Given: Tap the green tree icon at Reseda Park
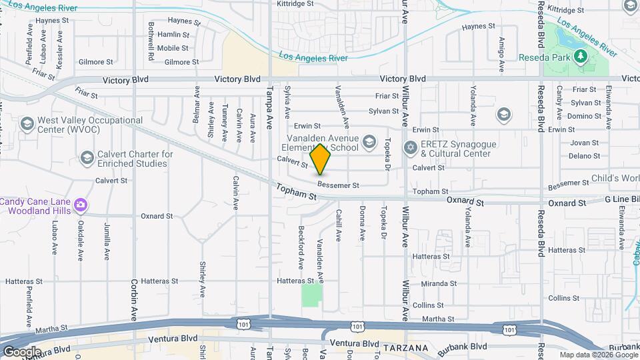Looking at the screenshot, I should (580, 56).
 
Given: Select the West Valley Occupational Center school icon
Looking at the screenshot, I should (27, 124).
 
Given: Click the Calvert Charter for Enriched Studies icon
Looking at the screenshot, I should (87, 158).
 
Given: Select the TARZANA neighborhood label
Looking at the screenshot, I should (405, 349).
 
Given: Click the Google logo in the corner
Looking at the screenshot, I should (21, 351).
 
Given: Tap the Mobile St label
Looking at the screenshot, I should (173, 48).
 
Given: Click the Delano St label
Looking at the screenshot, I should (585, 156).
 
